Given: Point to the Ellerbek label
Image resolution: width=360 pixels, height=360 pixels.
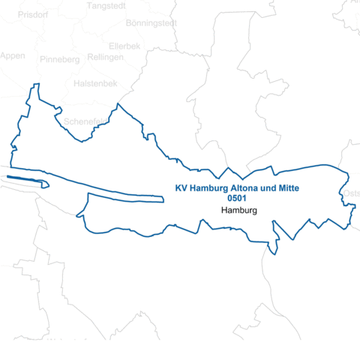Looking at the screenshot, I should pos(124,46).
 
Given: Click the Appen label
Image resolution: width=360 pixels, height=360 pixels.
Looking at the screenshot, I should pos(12,56).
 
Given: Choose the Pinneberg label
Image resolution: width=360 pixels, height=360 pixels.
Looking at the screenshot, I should pos(60,59).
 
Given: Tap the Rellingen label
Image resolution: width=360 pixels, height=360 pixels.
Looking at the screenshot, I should pos(105,57).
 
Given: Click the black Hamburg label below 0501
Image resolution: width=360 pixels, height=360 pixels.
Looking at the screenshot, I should pos(239,211).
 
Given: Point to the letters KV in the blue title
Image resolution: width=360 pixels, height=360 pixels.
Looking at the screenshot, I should pos(181,188).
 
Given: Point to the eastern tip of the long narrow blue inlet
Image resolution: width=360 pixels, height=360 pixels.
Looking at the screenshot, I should pos(162,199).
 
